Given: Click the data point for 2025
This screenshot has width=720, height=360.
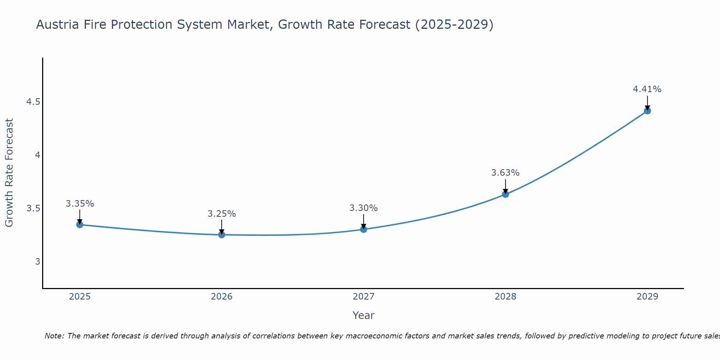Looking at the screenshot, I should tap(80, 225).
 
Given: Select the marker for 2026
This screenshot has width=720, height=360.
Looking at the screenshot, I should tap(222, 235).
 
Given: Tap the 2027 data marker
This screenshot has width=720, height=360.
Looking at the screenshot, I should tap(364, 229).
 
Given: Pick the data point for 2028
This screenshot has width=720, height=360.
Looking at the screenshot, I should tap(505, 194).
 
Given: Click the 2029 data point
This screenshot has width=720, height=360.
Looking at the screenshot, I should tap(647, 111).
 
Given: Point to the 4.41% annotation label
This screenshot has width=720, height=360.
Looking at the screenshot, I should tap(647, 89).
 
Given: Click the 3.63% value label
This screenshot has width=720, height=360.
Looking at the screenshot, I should tap(505, 173).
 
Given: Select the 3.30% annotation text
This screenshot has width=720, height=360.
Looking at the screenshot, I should tap(363, 208).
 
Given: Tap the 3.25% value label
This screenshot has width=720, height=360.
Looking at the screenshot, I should tap(221, 214).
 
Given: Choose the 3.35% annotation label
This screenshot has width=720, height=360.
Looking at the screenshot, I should tap(80, 204).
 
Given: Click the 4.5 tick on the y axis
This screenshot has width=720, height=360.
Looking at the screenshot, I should tap(33, 102).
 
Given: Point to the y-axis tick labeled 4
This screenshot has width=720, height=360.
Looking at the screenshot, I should tap(37, 155).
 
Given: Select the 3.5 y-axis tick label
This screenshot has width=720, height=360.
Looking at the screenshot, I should tap(33, 208).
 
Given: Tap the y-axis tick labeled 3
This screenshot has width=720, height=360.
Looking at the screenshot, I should tap(37, 262).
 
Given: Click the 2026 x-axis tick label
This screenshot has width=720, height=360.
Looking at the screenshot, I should tap(222, 297).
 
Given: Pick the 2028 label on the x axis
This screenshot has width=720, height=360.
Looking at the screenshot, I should tap(505, 297).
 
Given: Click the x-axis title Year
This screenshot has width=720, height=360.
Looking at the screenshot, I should tap(363, 315).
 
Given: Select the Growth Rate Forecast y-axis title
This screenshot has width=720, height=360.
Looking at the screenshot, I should tap(9, 173).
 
